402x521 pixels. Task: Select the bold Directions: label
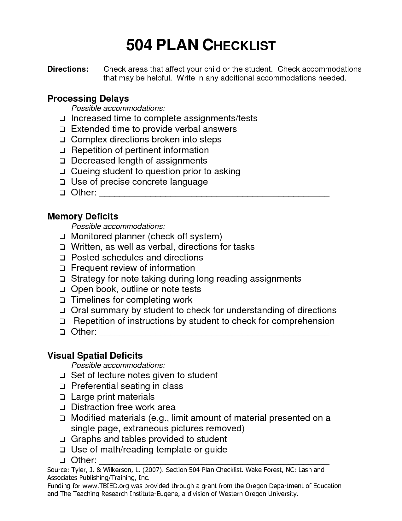coord(68,69)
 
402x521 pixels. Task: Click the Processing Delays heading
coord(88,99)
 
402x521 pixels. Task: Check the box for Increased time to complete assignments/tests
coord(62,119)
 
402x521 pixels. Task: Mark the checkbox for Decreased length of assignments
coord(62,161)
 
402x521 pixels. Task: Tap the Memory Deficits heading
coord(83,216)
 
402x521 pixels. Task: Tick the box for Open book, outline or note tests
coord(62,290)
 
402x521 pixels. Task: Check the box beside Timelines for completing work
coord(62,300)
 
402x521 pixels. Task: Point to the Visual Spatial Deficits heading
coord(95,356)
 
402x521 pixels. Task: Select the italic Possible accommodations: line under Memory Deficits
coord(118,226)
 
